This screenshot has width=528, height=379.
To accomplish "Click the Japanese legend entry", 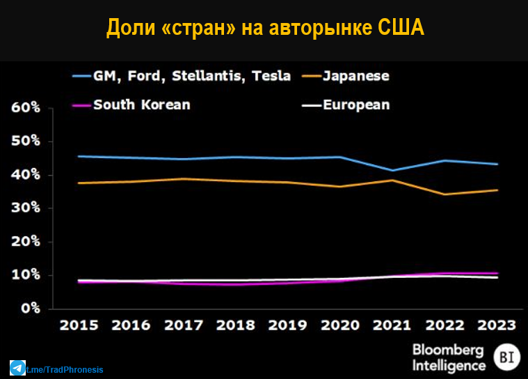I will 355,76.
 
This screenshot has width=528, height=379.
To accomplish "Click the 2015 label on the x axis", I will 79,325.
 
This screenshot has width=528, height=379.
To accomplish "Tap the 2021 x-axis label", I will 394,325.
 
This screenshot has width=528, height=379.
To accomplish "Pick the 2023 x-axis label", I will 497,325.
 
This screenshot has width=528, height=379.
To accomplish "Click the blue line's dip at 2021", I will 394,170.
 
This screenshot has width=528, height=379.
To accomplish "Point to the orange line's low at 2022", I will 445,194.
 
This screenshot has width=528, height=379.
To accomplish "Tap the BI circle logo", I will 506,357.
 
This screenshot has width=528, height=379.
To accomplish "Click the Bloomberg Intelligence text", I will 449,357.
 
